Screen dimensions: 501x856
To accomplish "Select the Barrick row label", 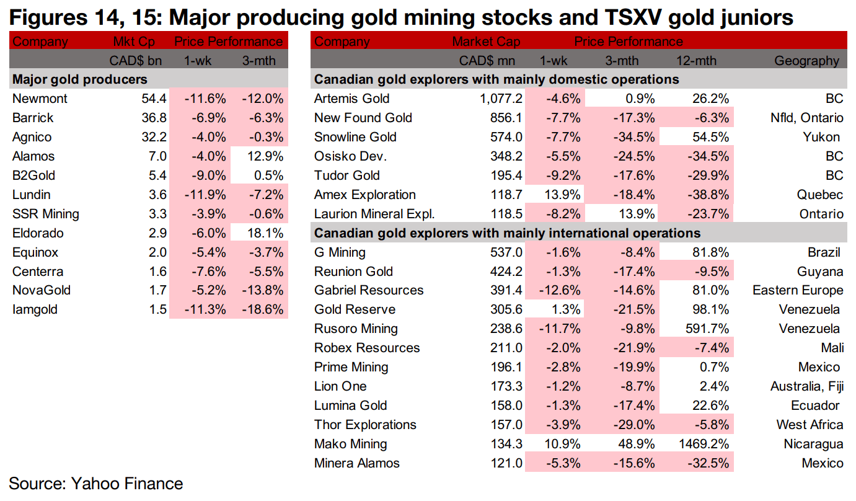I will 33,118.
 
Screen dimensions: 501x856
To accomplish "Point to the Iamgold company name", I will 35,309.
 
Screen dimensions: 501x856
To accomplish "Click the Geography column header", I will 806,61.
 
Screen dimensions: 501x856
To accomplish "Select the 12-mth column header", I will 697,61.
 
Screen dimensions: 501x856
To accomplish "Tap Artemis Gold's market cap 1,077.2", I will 496,99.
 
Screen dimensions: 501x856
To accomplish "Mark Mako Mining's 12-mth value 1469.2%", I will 703,444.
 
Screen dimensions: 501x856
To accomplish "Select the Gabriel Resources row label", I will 369,290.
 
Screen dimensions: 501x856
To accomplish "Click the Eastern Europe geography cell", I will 798,290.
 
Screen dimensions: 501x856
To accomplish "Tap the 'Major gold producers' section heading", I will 80,79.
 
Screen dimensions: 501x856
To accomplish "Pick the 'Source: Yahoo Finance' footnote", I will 96,484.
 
